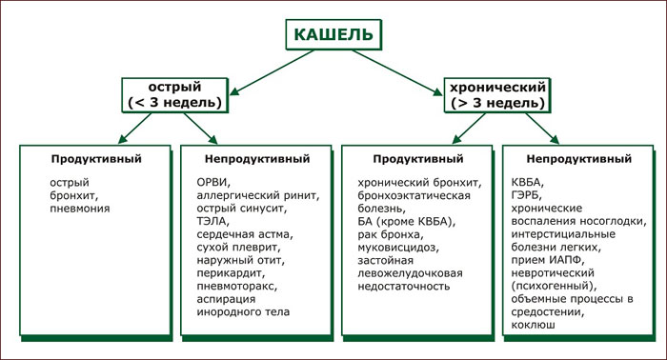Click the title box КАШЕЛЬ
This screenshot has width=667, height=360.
tap(333, 34)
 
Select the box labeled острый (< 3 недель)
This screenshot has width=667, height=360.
tap(174, 95)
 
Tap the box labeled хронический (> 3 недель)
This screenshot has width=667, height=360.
tap(497, 95)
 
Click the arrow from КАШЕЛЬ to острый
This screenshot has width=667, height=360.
tap(272, 72)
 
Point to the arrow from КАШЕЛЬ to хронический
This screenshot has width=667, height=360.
tap(397, 72)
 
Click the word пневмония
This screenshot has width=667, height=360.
tap(80, 209)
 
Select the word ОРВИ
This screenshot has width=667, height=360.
tap(213, 183)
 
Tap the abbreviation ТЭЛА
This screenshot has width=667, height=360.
tap(213, 222)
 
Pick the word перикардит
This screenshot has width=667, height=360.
tap(231, 273)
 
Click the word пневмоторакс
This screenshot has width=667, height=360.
tap(237, 286)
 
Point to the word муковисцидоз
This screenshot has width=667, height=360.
tap(398, 248)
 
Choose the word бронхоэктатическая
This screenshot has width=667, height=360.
tap(414, 195)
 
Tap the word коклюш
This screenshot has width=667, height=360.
tap(533, 325)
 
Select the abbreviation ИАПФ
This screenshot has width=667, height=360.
tap(568, 260)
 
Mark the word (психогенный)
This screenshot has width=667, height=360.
tap(554, 286)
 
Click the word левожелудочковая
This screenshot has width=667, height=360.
tap(410, 273)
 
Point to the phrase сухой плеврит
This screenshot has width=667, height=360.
tap(238, 248)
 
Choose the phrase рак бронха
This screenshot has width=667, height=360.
tap(391, 234)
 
